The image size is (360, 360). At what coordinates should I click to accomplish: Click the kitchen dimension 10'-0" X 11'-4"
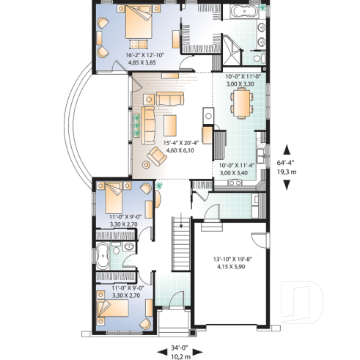coord(236,165)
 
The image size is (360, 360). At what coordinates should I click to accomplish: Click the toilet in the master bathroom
coord(254,57)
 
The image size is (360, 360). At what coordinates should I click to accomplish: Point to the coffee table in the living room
coord(171,121)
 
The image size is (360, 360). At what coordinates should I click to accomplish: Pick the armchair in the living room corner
coord(156,155)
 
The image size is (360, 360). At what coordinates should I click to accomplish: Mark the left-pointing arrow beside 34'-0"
coord(161,350)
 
